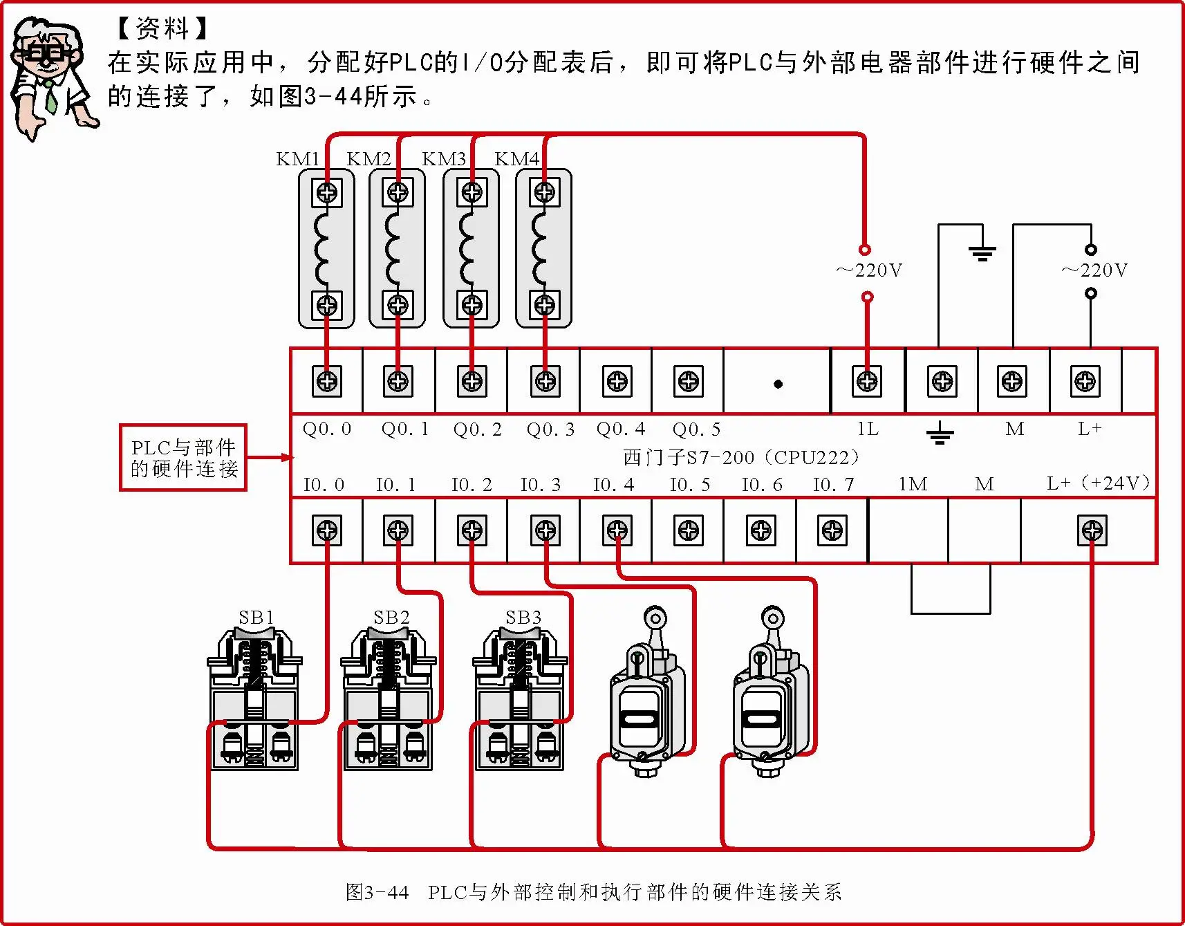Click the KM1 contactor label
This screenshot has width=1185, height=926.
tap(297, 159)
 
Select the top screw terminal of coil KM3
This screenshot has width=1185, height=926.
tap(472, 192)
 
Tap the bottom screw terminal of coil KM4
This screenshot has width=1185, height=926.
tap(545, 304)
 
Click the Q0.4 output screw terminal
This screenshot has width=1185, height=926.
tap(617, 381)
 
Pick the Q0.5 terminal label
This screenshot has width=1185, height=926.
tap(696, 429)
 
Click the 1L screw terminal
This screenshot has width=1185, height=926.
tap(867, 381)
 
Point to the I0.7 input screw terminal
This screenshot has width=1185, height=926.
tap(832, 530)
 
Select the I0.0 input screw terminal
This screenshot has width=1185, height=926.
tap(327, 530)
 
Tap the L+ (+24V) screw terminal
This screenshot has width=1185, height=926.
tap(1092, 530)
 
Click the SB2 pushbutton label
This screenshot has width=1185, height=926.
tap(391, 617)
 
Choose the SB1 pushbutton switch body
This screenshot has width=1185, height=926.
tap(254, 698)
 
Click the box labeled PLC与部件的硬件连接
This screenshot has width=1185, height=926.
tap(183, 458)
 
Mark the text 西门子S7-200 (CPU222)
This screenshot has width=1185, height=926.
tap(741, 457)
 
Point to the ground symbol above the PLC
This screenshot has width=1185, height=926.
tap(982, 252)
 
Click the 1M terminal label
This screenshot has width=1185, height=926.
tap(913, 484)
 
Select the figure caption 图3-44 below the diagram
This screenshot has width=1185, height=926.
tap(593, 892)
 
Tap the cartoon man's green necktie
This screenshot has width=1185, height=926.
tap(50, 97)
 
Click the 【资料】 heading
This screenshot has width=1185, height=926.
tap(162, 28)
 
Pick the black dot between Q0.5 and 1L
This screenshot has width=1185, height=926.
tap(778, 384)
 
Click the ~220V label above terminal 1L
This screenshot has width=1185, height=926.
tap(869, 270)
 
